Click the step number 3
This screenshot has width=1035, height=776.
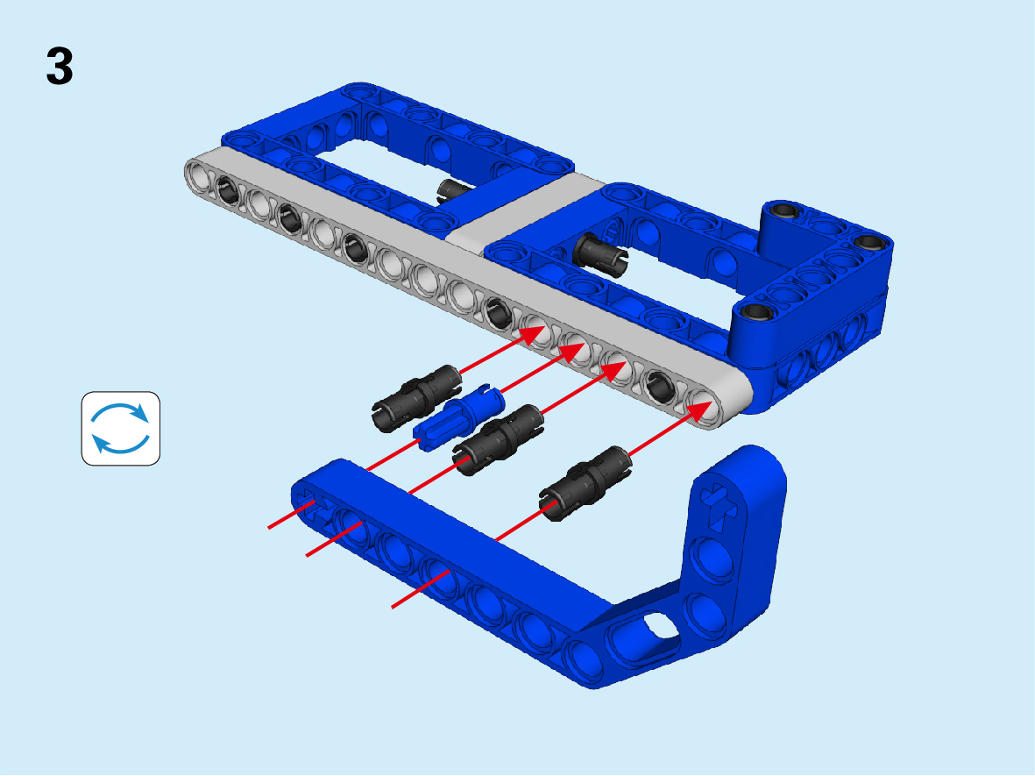60,66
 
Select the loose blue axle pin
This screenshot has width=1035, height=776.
459,417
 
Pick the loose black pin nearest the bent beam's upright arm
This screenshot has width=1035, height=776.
585,483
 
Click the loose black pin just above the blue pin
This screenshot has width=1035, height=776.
416,399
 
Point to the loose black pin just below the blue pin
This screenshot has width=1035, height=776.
499,440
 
